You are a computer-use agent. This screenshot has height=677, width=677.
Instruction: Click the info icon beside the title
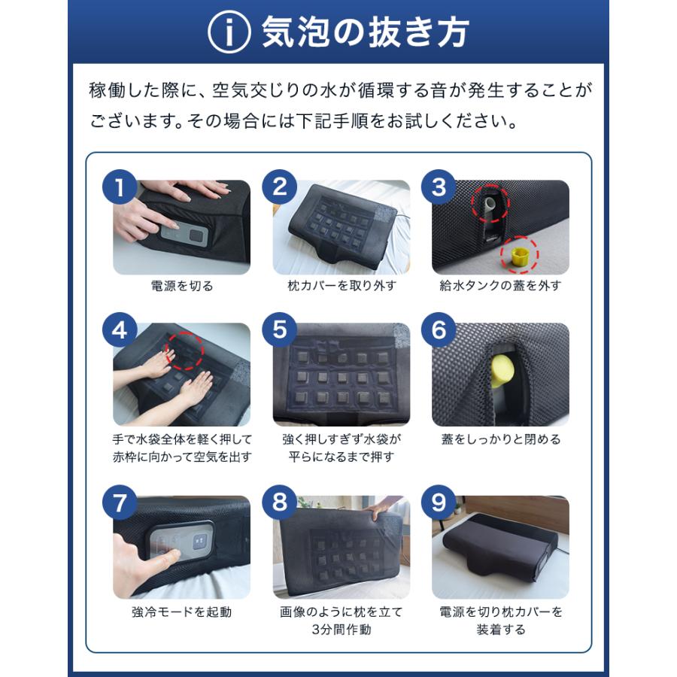(x=229, y=32)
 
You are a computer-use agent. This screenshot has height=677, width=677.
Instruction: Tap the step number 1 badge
(x=120, y=187)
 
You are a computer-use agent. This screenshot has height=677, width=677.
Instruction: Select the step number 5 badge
(x=279, y=330)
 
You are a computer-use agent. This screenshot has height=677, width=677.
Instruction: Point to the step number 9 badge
(x=439, y=502)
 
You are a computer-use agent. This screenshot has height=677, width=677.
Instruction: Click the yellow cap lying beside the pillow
(x=518, y=256)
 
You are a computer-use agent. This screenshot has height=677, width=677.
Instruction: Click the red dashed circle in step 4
(x=185, y=351)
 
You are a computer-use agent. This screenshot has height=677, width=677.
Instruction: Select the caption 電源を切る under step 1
(x=182, y=286)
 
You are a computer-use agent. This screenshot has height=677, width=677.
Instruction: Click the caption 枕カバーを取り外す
(x=342, y=286)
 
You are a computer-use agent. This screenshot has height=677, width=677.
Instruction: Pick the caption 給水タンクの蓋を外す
(x=500, y=286)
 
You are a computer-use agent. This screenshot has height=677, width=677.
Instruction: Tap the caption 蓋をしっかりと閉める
(x=501, y=439)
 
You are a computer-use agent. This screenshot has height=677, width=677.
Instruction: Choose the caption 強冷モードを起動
(x=182, y=612)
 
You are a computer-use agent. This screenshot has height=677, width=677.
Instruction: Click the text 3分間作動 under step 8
(x=341, y=630)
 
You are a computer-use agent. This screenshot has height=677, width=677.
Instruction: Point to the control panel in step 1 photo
(x=184, y=235)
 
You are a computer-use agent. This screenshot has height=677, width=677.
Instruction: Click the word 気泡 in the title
(x=296, y=32)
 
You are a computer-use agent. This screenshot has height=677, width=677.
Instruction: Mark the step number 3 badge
(x=439, y=187)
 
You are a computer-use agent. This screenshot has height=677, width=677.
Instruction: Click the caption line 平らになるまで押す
(x=341, y=457)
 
